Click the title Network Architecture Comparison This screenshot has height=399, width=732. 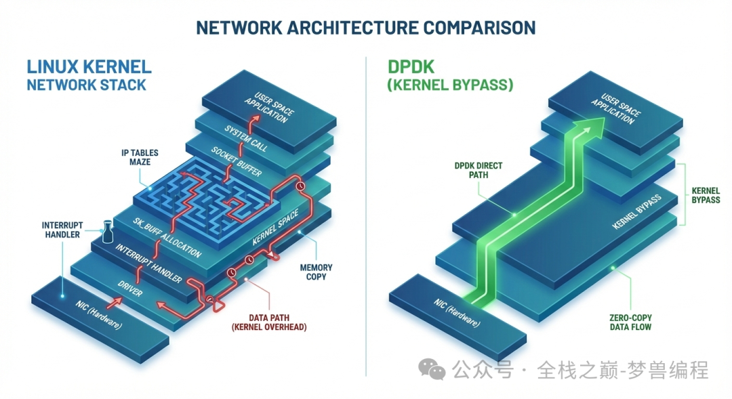click(x=365, y=27)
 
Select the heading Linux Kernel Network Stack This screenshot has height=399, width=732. click(x=89, y=75)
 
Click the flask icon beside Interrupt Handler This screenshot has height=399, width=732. click(x=106, y=232)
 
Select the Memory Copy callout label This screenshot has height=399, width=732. click(x=316, y=272)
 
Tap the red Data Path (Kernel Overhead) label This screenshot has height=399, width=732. click(x=269, y=322)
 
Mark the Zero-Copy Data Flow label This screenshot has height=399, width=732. click(x=630, y=322)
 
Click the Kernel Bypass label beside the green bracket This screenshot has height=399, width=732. click(x=705, y=196)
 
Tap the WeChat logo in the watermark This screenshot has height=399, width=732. click(x=432, y=369)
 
